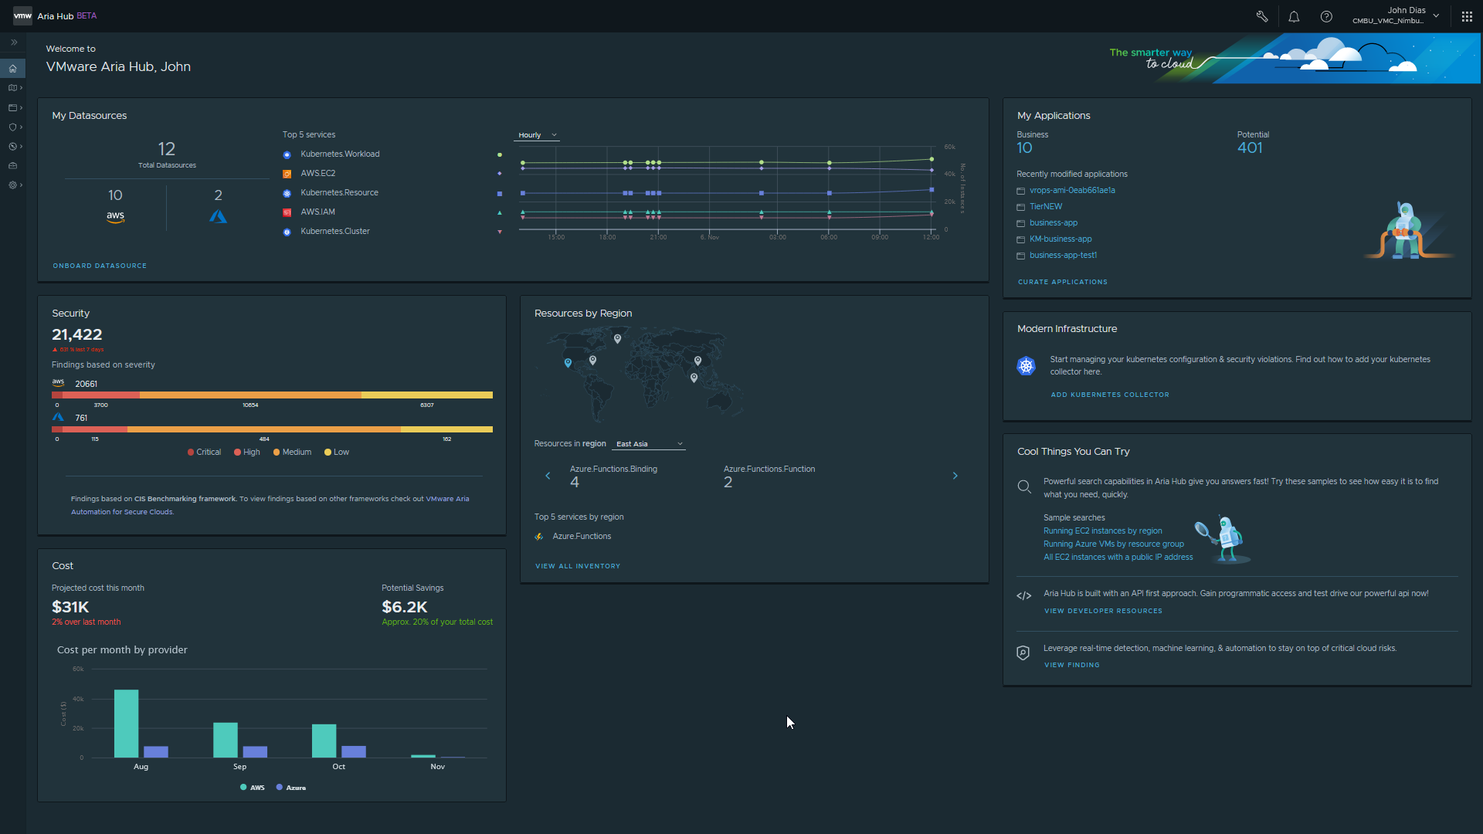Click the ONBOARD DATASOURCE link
pos(100,266)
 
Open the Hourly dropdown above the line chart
pos(538,135)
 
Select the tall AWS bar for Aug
pos(126,724)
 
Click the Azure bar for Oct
pos(354,751)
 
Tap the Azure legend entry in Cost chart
pos(291,788)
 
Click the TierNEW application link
pos(1046,207)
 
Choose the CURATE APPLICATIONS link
pos(1062,282)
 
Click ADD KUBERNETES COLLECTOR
pos(1109,395)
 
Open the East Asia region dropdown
pos(650,444)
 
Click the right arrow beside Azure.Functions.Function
pos(955,476)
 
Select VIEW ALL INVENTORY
pos(578,566)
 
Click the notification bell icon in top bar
pos(1294,16)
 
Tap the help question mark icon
pos(1326,16)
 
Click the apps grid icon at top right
pos(1467,16)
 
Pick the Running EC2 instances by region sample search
pos(1102,531)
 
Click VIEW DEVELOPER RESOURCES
pos(1103,611)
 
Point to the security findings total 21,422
pos(77,334)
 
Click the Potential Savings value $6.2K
pos(405,607)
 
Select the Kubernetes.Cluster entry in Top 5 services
pos(335,232)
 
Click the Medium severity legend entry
pos(293,453)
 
